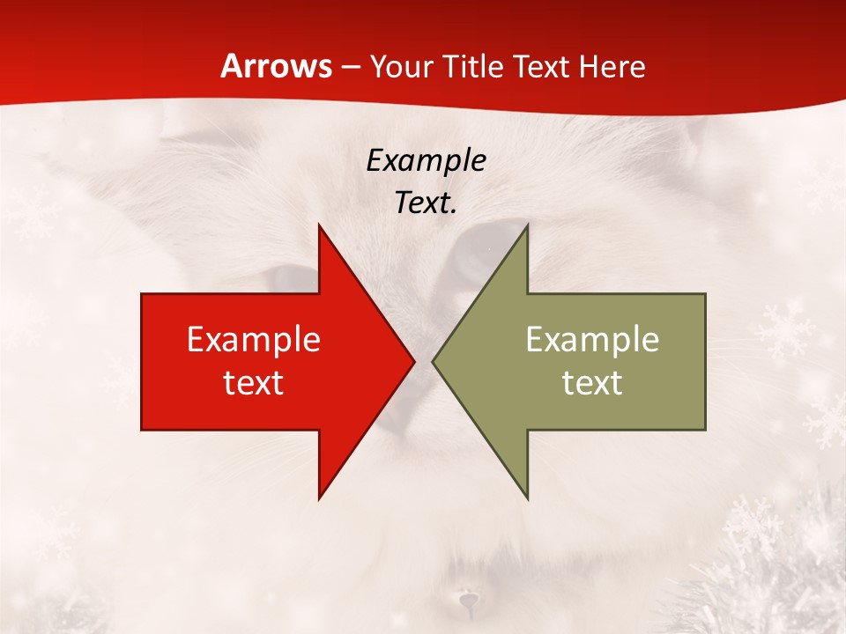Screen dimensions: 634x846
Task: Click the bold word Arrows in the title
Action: tap(275, 66)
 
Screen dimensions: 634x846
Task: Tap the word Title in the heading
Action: tap(471, 67)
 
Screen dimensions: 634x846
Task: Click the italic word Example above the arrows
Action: tap(426, 160)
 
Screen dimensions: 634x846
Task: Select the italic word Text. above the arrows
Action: tap(426, 203)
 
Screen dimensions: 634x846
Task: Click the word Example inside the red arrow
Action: tap(254, 340)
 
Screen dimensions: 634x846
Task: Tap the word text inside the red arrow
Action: tap(254, 382)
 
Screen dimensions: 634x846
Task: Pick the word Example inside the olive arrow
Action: tap(592, 340)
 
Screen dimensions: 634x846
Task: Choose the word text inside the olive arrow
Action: tap(592, 382)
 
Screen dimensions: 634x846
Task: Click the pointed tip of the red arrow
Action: tap(413, 362)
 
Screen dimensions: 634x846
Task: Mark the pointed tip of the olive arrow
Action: tap(434, 362)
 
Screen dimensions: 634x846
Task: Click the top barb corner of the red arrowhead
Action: tap(319, 225)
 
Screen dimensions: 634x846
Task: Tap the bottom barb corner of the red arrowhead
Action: tap(319, 498)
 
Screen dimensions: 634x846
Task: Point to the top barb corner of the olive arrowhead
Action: tap(527, 225)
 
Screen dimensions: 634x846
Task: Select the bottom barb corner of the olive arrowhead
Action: tap(527, 498)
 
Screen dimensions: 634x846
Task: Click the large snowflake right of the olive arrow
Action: tap(786, 328)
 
